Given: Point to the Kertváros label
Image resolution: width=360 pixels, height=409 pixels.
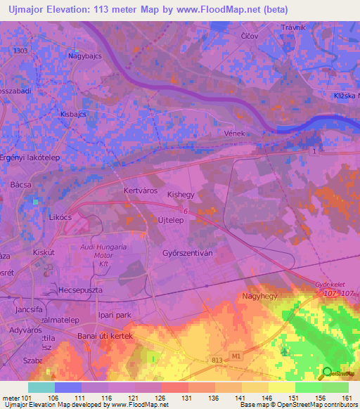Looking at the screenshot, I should click(139, 190).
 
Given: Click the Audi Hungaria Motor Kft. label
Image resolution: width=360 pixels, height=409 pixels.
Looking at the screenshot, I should click(103, 257).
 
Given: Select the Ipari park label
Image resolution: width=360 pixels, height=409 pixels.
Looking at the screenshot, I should click(115, 316).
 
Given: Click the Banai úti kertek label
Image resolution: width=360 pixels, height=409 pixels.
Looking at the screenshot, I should click(105, 336).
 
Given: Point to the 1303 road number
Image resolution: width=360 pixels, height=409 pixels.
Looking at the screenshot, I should click(20, 51).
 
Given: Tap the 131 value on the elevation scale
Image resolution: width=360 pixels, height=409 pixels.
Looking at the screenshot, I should click(187, 397).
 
